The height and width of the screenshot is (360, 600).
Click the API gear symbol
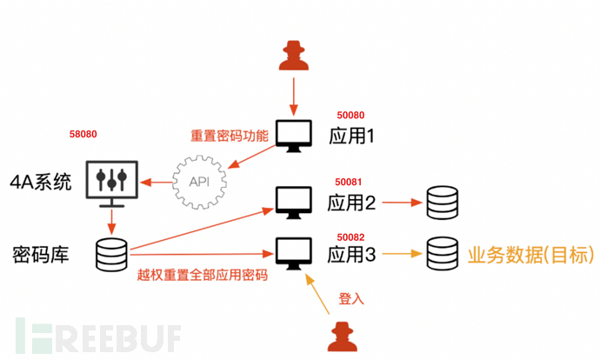(198, 182)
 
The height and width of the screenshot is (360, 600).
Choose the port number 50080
(350, 115)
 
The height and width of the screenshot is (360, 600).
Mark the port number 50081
(350, 183)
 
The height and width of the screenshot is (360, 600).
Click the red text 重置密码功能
(223, 137)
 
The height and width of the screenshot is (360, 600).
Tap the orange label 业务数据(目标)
(530, 255)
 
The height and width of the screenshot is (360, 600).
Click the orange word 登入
(350, 298)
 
